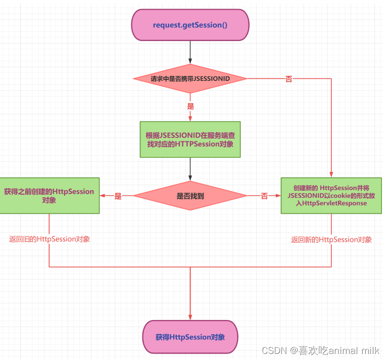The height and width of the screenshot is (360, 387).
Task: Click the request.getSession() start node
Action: click(x=190, y=25)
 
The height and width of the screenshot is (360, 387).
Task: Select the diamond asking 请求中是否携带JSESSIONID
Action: click(x=190, y=79)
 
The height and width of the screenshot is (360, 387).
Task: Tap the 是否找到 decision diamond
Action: click(x=190, y=196)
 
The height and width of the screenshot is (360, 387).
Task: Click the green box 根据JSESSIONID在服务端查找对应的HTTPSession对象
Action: click(x=190, y=140)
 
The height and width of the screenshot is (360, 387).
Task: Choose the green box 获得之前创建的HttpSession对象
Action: click(x=49, y=196)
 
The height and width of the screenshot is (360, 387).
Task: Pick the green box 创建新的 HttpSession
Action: click(x=331, y=196)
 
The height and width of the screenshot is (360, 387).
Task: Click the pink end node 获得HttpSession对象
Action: click(x=190, y=337)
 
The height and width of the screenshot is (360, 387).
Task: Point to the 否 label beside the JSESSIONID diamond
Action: click(x=288, y=79)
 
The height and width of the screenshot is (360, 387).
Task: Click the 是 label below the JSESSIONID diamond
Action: click(x=190, y=107)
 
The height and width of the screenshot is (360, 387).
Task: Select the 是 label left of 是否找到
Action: click(x=118, y=196)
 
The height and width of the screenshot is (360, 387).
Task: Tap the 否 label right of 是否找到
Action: click(x=264, y=196)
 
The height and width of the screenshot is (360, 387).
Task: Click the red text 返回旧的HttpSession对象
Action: click(x=50, y=239)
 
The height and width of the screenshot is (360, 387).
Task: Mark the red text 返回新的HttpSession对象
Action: click(x=331, y=239)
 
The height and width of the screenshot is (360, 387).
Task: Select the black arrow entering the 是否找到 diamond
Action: click(x=190, y=169)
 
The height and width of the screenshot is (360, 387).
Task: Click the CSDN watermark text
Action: click(x=274, y=350)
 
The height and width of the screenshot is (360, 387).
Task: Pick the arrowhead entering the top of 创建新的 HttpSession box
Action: click(x=331, y=174)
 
